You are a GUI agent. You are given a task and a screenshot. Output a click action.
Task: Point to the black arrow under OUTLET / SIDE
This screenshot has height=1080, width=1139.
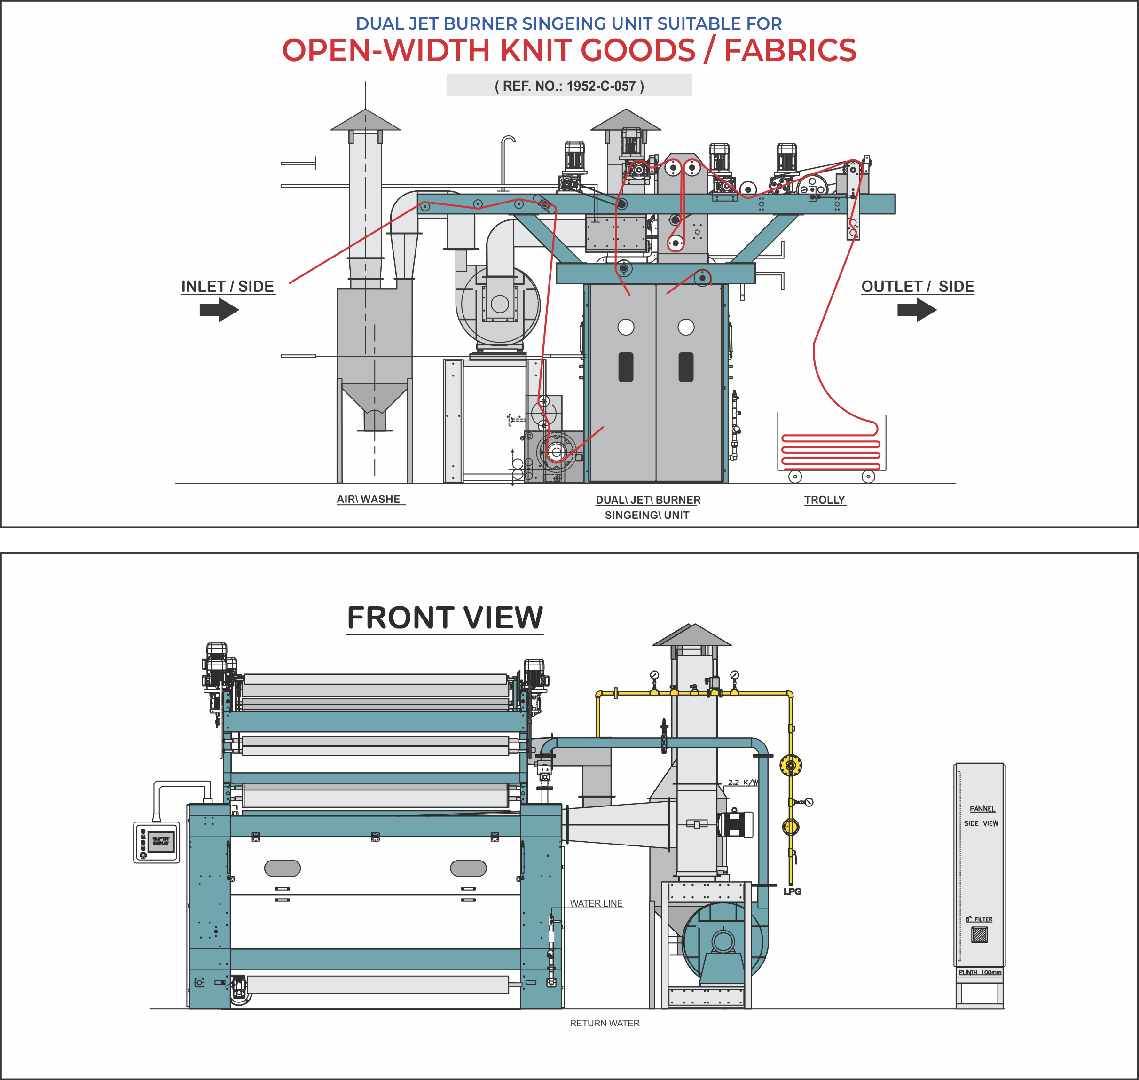(917, 310)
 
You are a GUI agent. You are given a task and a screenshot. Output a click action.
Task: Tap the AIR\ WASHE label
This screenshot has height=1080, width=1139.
(369, 499)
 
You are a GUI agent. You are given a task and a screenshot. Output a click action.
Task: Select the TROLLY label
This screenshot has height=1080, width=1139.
(824, 500)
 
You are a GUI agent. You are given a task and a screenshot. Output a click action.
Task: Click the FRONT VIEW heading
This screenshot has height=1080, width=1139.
(445, 617)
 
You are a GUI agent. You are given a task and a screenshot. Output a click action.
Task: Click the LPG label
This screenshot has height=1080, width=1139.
(793, 891)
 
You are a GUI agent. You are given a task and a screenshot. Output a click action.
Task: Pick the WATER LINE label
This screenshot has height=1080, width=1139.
(596, 903)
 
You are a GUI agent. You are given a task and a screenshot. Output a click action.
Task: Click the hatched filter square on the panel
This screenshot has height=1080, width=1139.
(979, 934)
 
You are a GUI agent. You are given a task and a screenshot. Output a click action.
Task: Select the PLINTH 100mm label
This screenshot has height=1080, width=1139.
(980, 972)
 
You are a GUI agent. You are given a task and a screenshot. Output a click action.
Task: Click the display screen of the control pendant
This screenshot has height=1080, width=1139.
(161, 842)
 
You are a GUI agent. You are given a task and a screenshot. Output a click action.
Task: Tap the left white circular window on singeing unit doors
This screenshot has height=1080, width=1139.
(626, 327)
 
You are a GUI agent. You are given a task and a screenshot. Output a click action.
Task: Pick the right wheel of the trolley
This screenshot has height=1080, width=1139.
(868, 476)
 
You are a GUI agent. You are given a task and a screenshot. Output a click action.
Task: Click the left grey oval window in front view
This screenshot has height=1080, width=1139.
(282, 868)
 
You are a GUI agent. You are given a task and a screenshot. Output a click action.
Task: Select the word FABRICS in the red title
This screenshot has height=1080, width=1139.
(790, 50)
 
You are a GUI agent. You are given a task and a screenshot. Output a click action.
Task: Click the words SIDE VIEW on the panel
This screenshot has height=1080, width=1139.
(981, 823)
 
